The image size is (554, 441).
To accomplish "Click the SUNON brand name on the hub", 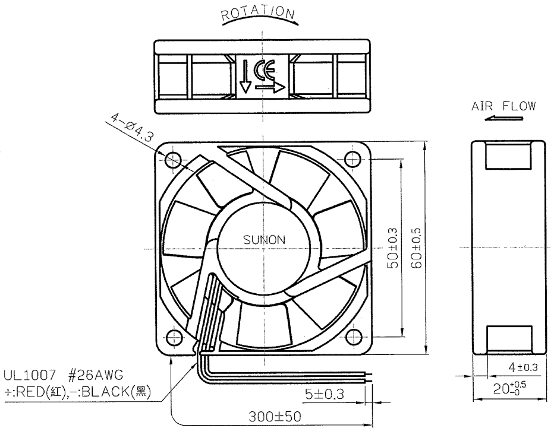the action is point(264,240).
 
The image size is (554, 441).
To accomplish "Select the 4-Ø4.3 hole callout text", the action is point(131,127).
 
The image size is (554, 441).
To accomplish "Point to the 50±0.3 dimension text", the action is point(393,248).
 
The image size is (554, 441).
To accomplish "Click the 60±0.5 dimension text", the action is point(416,248).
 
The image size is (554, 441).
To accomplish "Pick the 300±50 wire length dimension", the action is point(275,417).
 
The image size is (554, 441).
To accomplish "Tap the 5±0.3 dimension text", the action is point(325,394).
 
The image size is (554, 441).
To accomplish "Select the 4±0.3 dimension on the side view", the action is point(523,367).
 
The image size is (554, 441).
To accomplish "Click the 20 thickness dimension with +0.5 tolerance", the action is point(509,388).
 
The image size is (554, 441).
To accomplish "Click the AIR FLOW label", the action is point(503,106).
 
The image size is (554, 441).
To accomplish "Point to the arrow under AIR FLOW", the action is point(503,118).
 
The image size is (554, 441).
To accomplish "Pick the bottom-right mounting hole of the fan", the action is point(353,336).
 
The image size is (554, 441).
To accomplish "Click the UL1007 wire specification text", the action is point(30,375).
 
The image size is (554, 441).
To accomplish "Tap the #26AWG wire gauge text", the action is point(95,375).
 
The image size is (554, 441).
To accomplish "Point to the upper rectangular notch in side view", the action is point(508,156).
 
